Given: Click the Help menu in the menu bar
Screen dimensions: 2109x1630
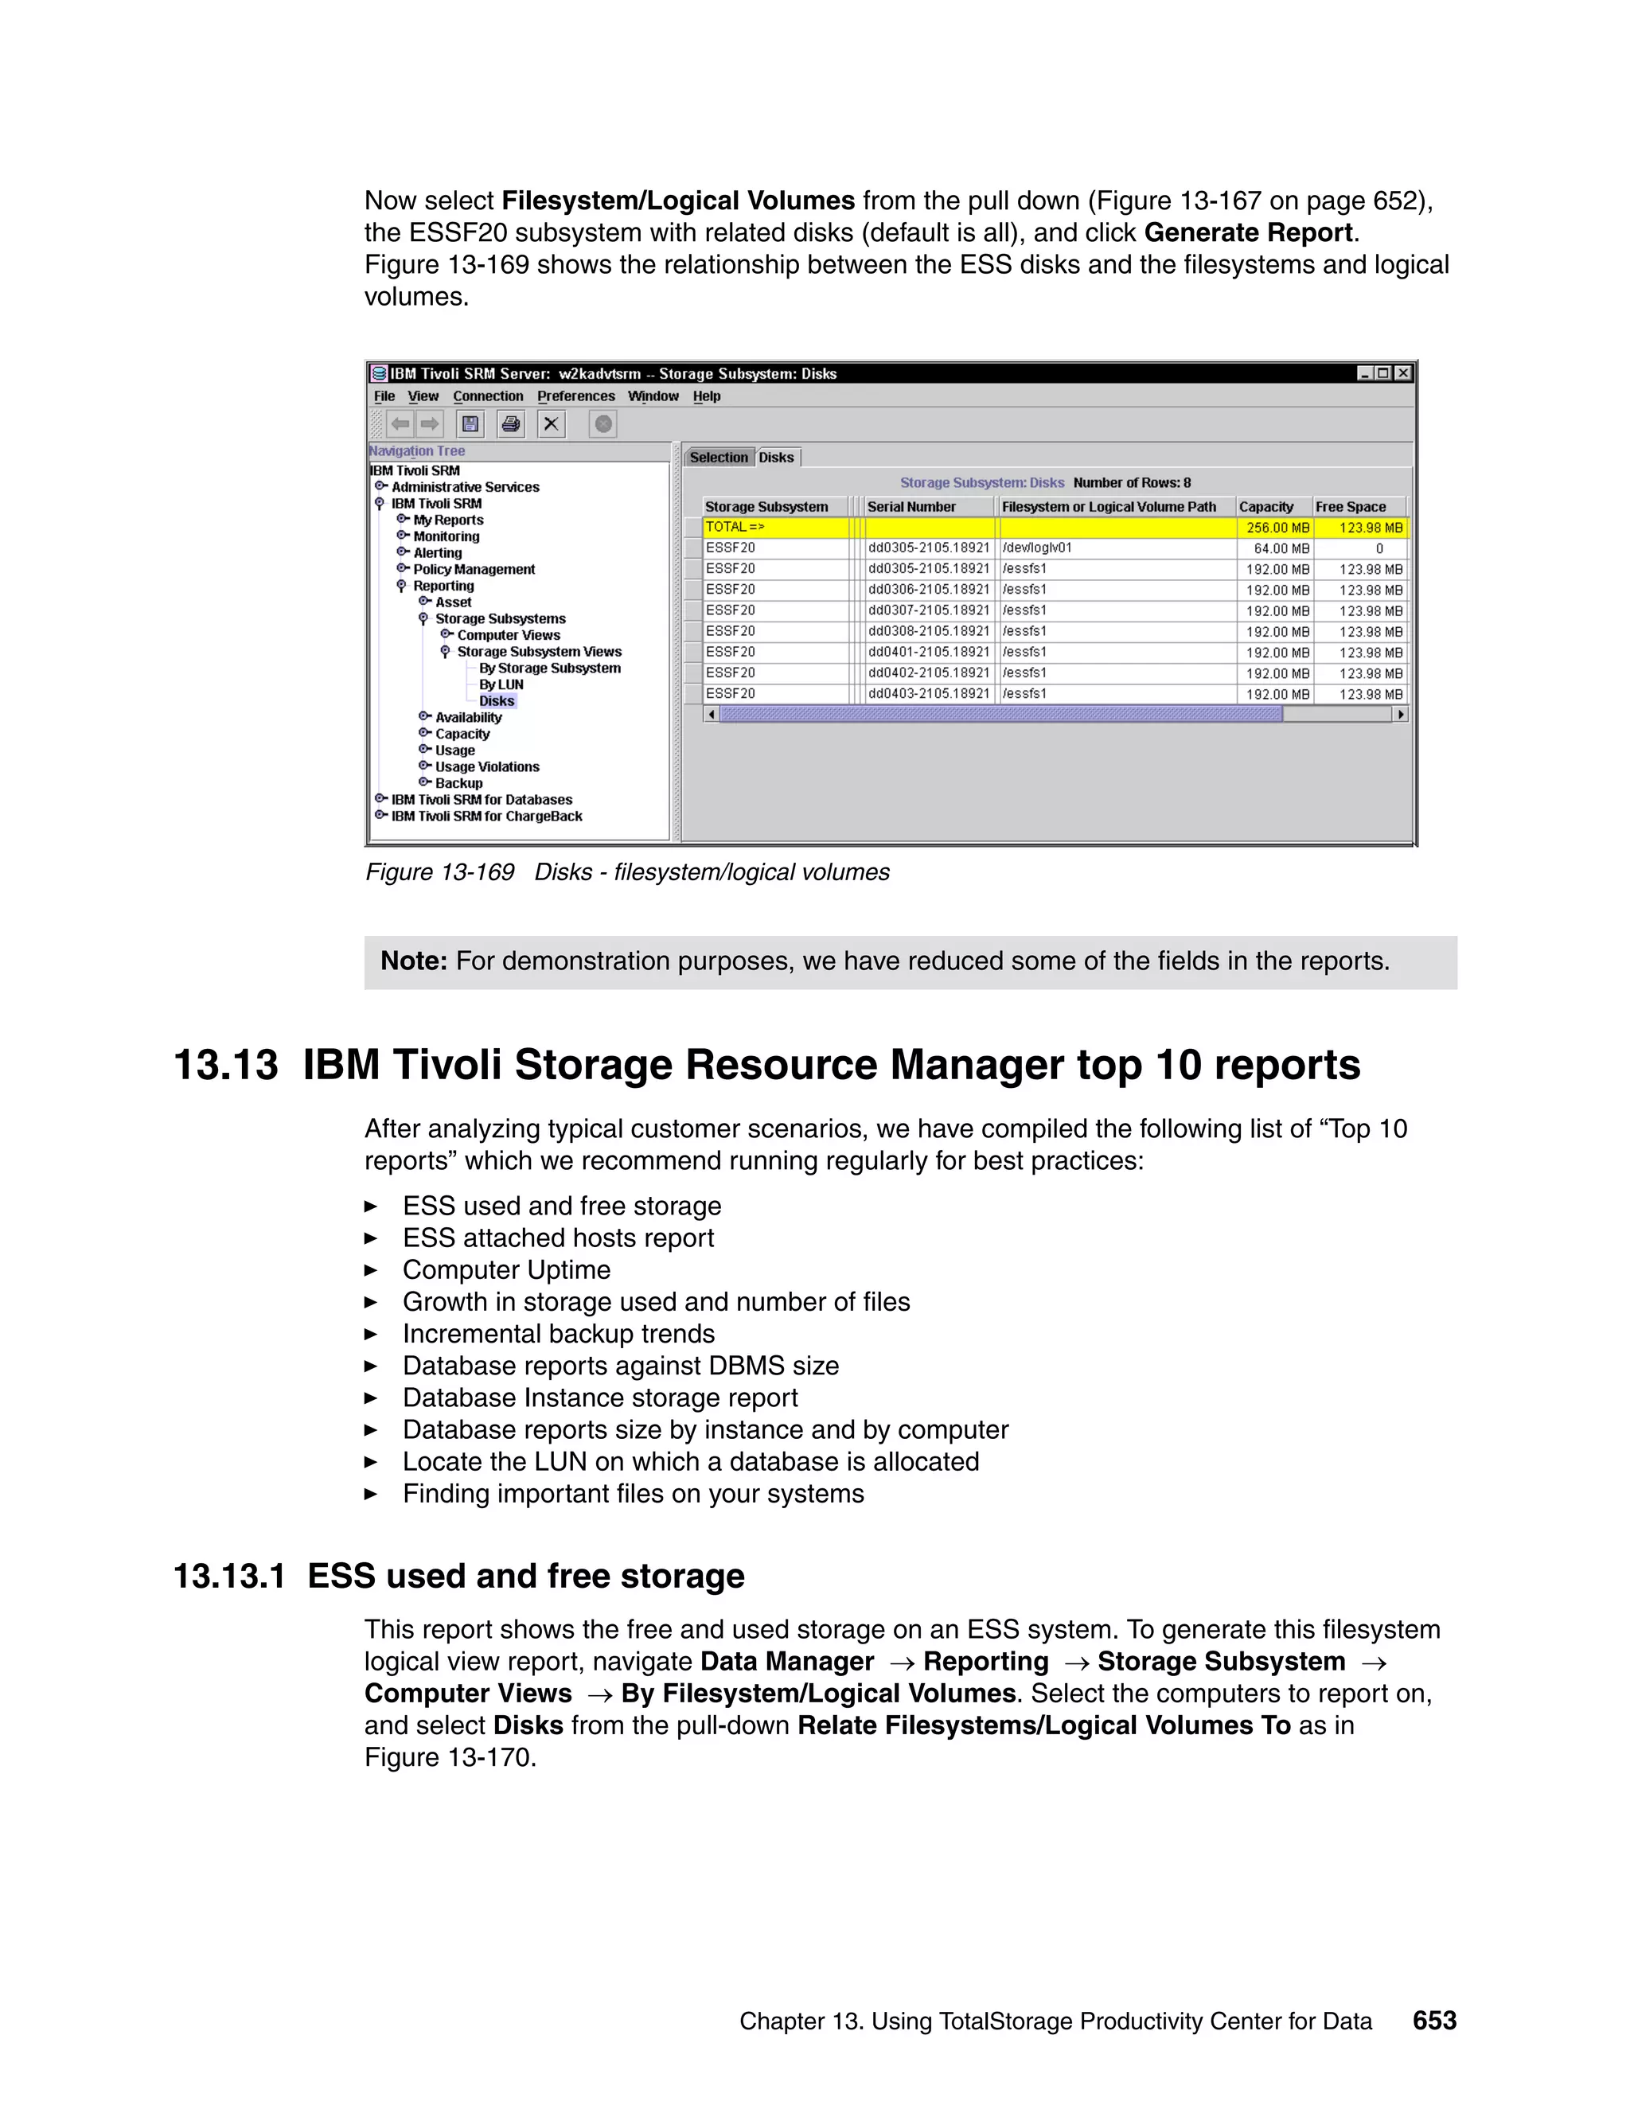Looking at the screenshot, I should pyautogui.click(x=706, y=396).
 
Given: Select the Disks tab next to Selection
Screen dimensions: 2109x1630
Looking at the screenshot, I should pyautogui.click(x=776, y=458).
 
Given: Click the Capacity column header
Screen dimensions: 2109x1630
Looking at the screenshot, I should pyautogui.click(x=1266, y=507).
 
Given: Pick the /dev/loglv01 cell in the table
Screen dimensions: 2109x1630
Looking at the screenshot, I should pyautogui.click(x=1037, y=548).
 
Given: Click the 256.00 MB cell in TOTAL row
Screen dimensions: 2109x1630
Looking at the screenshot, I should pyautogui.click(x=1277, y=527).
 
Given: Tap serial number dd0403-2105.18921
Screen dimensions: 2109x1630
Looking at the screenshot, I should pyautogui.click(x=928, y=693).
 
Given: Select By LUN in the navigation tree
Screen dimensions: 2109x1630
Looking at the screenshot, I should pyautogui.click(x=501, y=684).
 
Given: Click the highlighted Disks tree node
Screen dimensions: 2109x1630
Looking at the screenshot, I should pyautogui.click(x=497, y=701).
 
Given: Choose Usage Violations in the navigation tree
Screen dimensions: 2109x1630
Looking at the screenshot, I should pyautogui.click(x=486, y=766).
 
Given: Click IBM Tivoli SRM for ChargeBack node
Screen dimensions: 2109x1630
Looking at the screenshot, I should pyautogui.click(x=485, y=816).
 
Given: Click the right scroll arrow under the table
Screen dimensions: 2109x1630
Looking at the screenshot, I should pyautogui.click(x=1400, y=715).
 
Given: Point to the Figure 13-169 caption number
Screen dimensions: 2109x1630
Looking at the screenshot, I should pyautogui.click(x=439, y=872).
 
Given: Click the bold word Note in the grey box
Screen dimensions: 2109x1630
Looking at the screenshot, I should pyautogui.click(x=413, y=961).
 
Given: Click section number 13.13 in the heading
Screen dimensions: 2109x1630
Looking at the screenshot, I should pyautogui.click(x=226, y=1065).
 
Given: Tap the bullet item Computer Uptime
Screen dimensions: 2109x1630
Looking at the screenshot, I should pyautogui.click(x=506, y=1270).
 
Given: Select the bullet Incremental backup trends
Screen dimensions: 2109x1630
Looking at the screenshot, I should pyautogui.click(x=558, y=1334).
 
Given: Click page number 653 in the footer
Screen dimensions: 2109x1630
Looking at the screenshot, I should pyautogui.click(x=1434, y=2020).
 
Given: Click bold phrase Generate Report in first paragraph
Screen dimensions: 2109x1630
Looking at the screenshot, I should pyautogui.click(x=1249, y=232).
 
